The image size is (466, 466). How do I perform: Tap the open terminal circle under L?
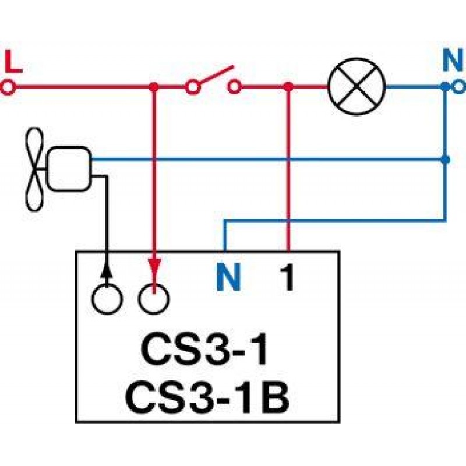tap(8, 88)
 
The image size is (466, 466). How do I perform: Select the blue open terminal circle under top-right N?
tap(458, 88)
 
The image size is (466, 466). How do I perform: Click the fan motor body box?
tap(69, 169)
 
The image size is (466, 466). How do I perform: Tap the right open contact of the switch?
tap(234, 88)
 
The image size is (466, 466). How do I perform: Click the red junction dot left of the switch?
tap(154, 88)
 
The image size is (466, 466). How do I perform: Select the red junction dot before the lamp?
tap(288, 88)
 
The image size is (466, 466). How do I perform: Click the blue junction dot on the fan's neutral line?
tap(446, 158)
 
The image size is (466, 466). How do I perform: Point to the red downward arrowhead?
tap(154, 267)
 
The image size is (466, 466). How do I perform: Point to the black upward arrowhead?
tap(106, 269)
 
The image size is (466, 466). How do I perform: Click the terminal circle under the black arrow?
tap(107, 299)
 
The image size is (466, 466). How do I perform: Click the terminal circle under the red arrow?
tap(154, 299)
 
